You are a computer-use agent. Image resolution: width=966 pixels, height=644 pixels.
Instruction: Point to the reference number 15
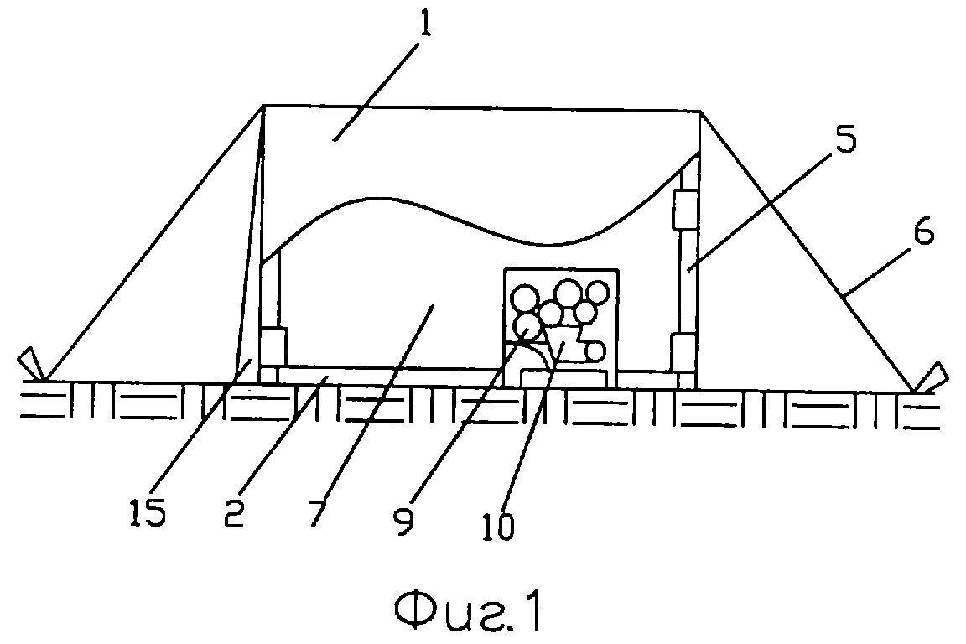coord(148,512)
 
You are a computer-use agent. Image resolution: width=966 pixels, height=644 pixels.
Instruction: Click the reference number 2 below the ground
coord(233,513)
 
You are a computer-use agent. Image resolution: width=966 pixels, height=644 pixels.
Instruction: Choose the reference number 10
coord(498,526)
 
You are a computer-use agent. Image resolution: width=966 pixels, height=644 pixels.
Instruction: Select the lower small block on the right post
coord(683,352)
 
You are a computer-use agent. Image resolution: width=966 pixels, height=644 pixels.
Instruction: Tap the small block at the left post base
coord(273,347)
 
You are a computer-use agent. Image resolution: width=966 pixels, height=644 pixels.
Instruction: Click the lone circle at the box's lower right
coord(595,351)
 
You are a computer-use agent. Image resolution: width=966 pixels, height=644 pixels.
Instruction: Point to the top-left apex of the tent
coord(264,106)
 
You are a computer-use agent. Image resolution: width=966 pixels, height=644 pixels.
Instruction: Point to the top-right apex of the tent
coord(700,112)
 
